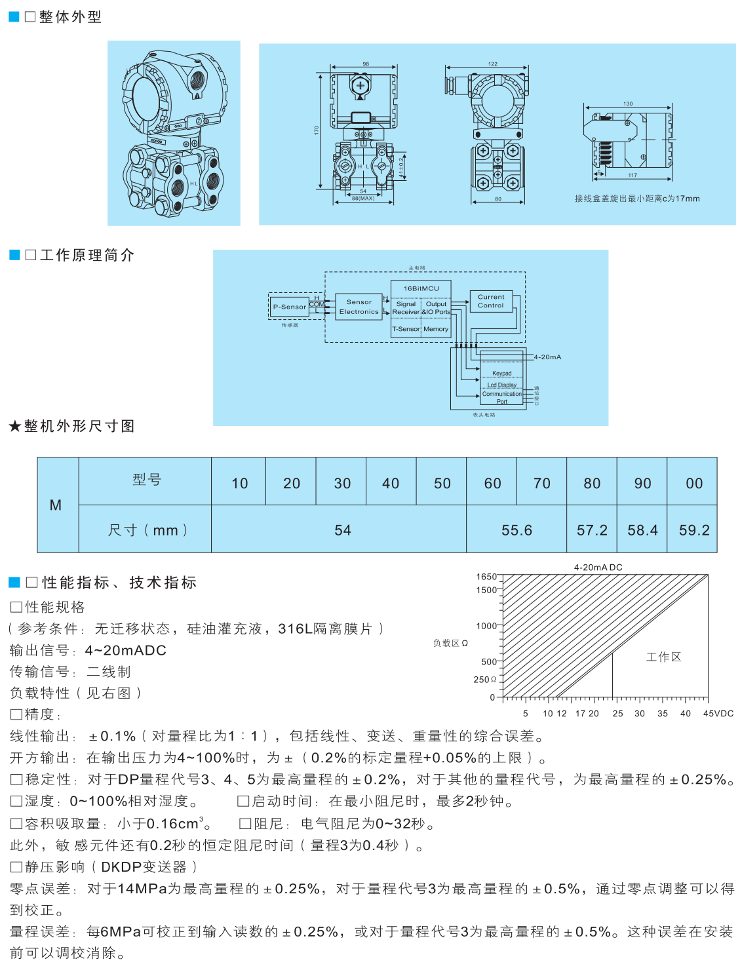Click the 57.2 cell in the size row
pos(592,530)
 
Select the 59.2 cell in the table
pos(693,530)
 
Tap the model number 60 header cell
pos(492,483)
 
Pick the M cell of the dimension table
pos(56,505)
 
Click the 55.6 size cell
pos(516,530)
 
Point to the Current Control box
pos(491,301)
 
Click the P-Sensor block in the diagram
pos(289,306)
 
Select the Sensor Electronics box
pos(359,307)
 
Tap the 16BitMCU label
pos(421,288)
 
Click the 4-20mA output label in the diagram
pos(547,357)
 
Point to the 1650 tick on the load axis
pos(486,577)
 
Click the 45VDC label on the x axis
pos(718,713)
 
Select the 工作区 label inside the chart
pos(663,657)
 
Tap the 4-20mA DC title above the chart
pos(598,568)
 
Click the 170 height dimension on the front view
pos(316,130)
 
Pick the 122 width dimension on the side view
pos(493,64)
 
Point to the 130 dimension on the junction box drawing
pos(628,104)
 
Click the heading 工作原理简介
pos(87,255)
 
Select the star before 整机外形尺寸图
pos(14,427)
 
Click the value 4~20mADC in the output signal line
pos(125,650)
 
